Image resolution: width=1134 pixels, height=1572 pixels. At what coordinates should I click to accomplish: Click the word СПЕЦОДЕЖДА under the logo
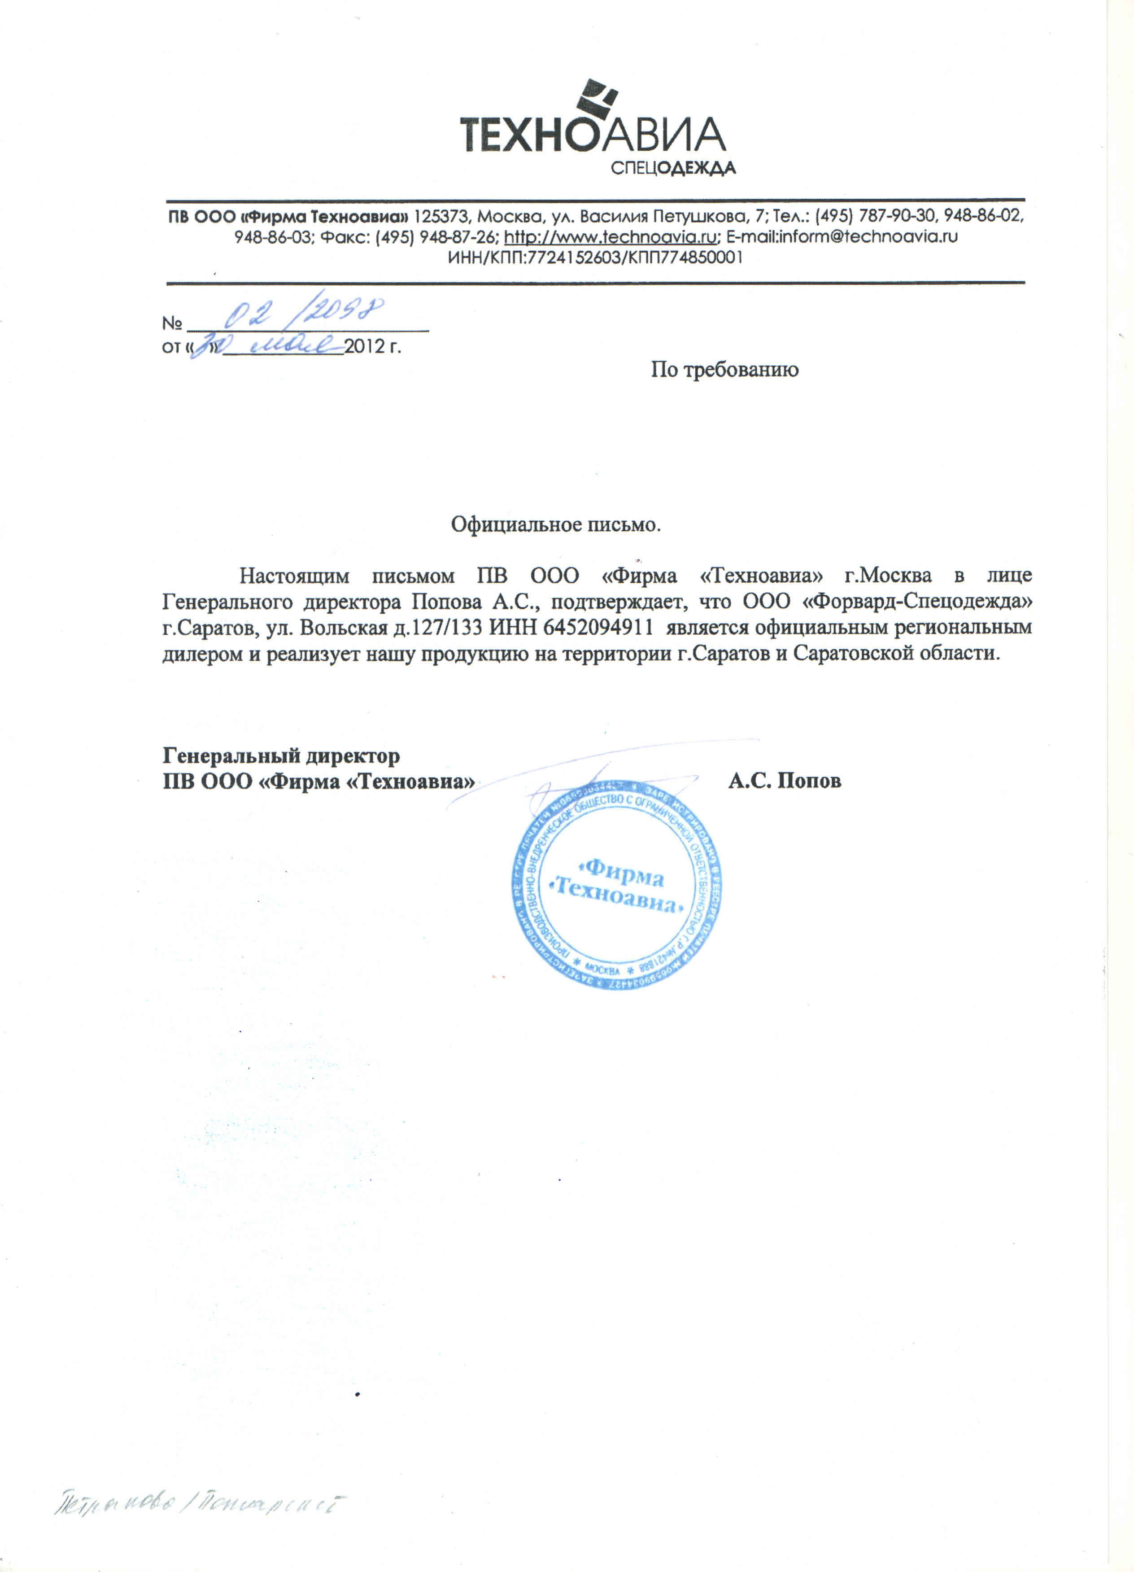672,168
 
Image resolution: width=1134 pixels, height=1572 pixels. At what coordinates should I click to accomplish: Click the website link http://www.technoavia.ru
609,236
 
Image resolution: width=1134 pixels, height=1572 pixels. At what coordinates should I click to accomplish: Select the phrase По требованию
724,370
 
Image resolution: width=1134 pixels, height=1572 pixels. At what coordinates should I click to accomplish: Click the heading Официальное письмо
555,524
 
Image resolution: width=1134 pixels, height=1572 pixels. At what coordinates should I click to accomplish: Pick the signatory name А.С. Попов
785,781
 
